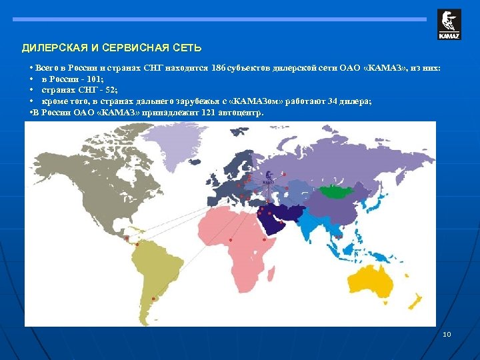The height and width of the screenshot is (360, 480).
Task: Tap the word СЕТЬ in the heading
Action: click(186, 49)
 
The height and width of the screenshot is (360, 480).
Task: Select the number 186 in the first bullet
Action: click(218, 69)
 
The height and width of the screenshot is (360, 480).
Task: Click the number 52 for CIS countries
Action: click(105, 90)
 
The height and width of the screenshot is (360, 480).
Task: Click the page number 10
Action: click(447, 334)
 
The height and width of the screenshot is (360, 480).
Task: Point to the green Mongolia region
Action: click(337, 191)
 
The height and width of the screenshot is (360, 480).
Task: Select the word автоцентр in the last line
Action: click(239, 112)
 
